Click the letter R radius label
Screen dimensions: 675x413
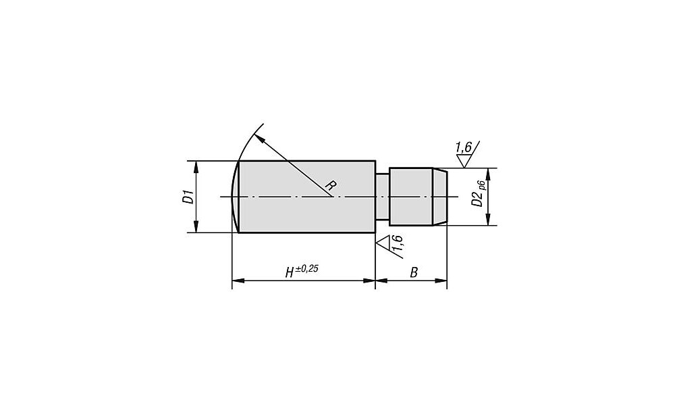point(330,186)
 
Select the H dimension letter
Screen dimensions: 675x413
point(290,272)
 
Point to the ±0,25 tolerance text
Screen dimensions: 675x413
point(306,268)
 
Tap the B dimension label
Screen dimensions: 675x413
point(414,272)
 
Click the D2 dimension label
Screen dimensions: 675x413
point(476,199)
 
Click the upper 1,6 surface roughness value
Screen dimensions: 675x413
point(463,147)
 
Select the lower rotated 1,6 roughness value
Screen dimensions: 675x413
point(398,243)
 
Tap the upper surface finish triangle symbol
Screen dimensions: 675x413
point(463,161)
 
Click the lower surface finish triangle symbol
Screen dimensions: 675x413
point(383,242)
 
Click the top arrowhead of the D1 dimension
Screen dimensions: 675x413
point(196,166)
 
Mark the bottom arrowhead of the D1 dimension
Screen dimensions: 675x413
point(196,227)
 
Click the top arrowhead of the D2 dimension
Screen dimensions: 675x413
point(488,173)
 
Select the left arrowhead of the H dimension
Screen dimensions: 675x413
point(238,281)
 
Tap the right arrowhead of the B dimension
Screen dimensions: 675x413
point(441,281)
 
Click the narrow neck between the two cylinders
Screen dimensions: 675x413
point(382,197)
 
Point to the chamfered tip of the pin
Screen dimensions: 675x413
point(440,197)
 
